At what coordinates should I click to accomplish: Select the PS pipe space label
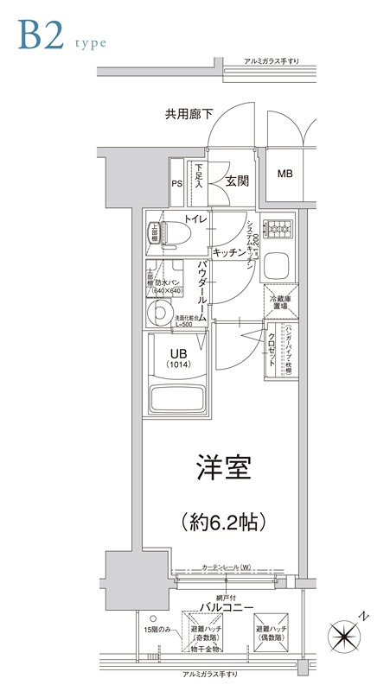[176, 183]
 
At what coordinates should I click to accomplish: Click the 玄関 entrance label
[238, 181]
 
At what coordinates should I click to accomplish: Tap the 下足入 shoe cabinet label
[199, 176]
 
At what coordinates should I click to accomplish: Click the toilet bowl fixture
[169, 231]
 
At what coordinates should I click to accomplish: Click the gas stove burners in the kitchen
[278, 229]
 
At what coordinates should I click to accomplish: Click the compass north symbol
[348, 636]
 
